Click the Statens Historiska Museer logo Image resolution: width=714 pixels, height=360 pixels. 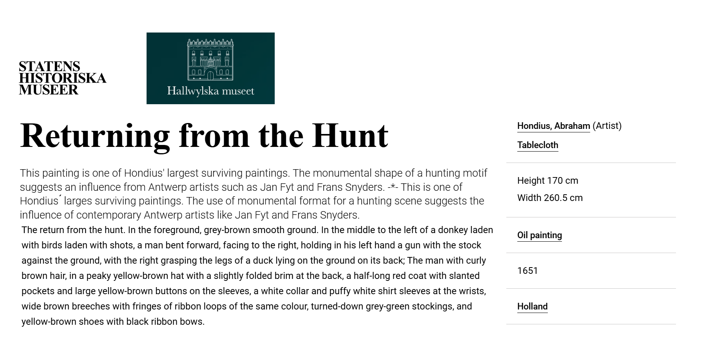(x=62, y=78)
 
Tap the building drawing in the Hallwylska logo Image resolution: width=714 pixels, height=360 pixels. (x=210, y=60)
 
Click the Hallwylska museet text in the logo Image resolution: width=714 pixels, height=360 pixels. (x=210, y=91)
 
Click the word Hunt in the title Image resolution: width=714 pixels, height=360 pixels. (x=350, y=136)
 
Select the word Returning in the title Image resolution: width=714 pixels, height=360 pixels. (x=95, y=136)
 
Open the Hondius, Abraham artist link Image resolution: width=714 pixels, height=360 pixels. (x=553, y=126)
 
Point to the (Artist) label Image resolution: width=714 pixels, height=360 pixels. (x=607, y=126)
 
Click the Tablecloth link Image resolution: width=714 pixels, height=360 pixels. (x=538, y=145)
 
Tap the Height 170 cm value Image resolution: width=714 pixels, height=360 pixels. (x=547, y=181)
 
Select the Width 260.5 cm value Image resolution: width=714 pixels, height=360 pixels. (x=550, y=198)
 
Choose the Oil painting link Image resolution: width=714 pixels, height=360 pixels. (x=539, y=235)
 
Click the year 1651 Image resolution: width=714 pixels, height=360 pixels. (x=527, y=271)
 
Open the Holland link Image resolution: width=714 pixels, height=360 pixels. (x=532, y=306)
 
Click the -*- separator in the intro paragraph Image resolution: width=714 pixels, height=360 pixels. (x=393, y=187)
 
